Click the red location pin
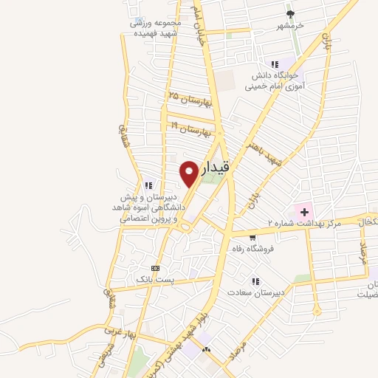point(190,173)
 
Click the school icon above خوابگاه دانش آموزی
point(275,64)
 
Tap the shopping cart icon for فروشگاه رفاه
point(252,238)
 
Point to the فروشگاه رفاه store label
point(252,250)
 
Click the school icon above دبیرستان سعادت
point(255,281)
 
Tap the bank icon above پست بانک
point(155,267)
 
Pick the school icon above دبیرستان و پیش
point(148,185)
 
